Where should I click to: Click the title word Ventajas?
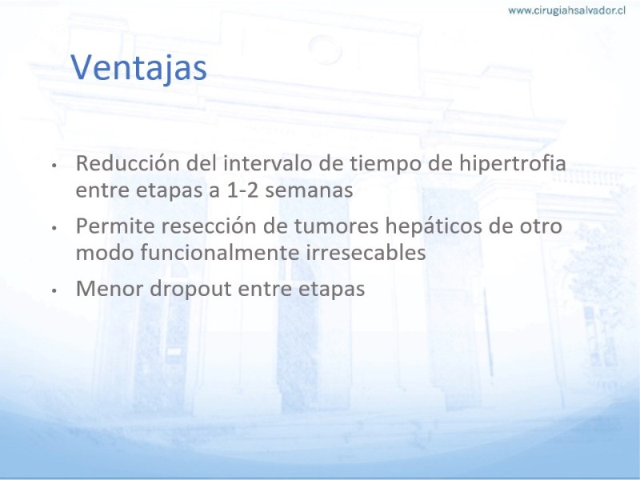[138, 68]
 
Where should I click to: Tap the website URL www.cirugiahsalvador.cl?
[566, 10]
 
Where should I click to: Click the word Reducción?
[128, 163]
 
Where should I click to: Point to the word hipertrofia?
[513, 164]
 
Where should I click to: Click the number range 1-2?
[242, 190]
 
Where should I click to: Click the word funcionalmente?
[220, 253]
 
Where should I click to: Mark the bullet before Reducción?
[54, 166]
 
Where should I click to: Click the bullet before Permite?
[54, 229]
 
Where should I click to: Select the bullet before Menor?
[54, 291]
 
